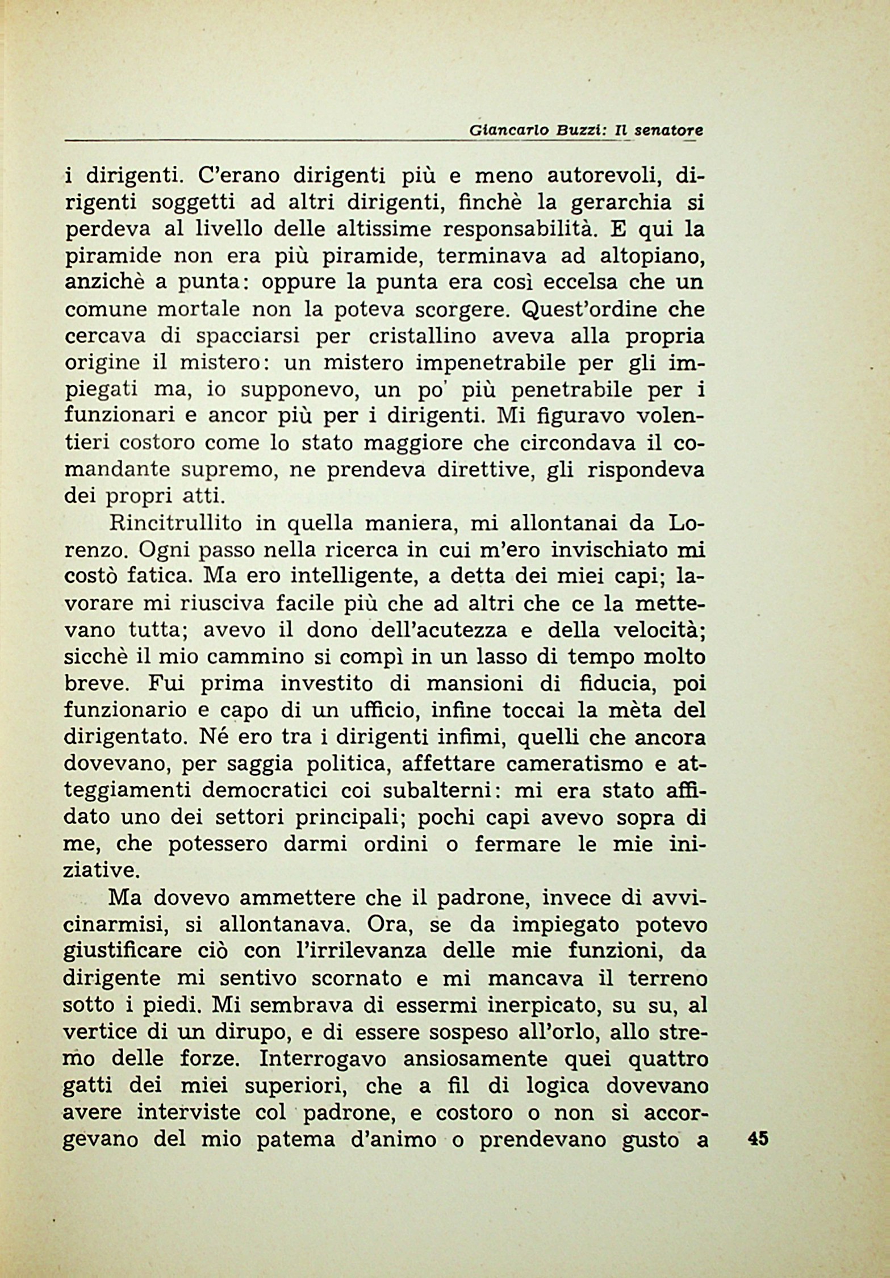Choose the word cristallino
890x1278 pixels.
tap(423, 337)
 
